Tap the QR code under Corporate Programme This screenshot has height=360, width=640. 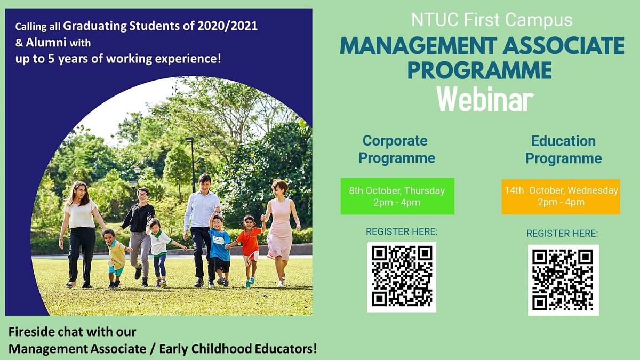pyautogui.click(x=401, y=276)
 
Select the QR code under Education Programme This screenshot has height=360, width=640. pyautogui.click(x=563, y=280)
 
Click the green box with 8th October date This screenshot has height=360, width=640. pyautogui.click(x=397, y=196)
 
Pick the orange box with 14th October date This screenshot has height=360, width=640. pyautogui.click(x=561, y=196)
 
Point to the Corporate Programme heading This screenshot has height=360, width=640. pyautogui.click(x=396, y=149)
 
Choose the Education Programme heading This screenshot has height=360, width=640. pyautogui.click(x=563, y=149)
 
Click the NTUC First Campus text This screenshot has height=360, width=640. pyautogui.click(x=491, y=20)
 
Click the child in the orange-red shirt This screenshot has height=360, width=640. pyautogui.click(x=249, y=245)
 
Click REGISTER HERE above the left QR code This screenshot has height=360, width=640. pyautogui.click(x=401, y=232)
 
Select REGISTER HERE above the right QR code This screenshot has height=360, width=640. pyautogui.click(x=562, y=234)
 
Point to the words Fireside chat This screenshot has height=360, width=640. pyautogui.click(x=45, y=332)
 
